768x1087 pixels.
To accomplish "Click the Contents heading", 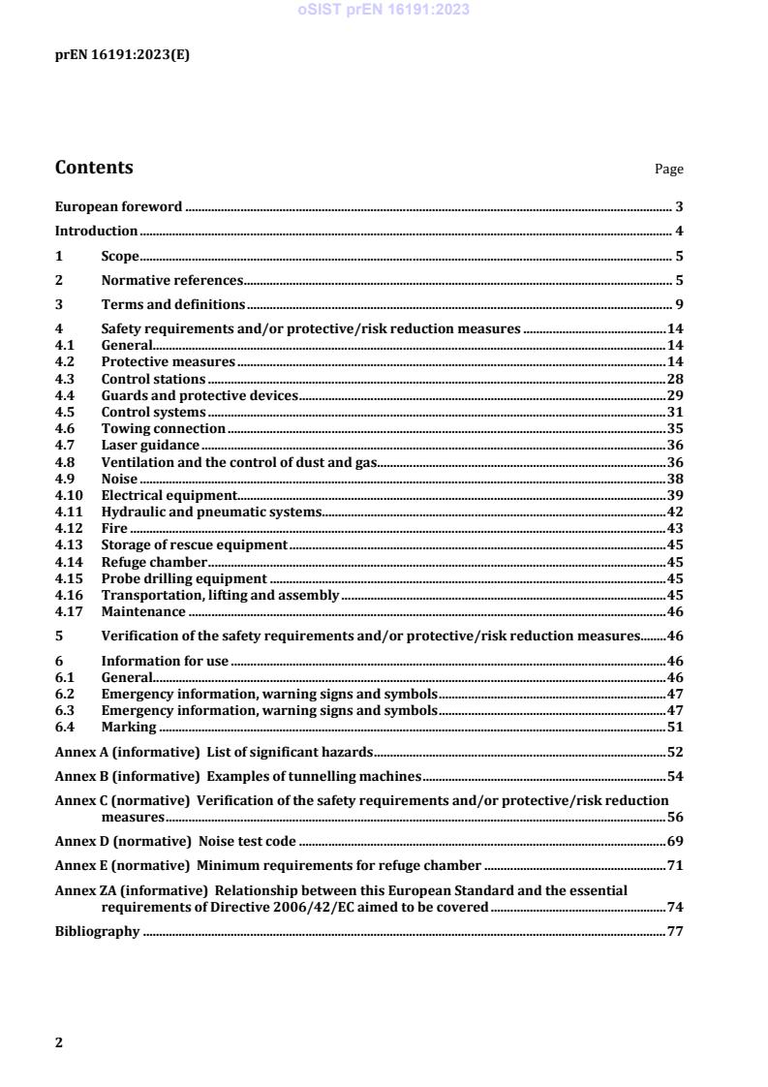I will (94, 168).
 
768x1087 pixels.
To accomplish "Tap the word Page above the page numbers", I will (668, 170).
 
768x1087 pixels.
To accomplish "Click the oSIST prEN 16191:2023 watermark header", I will (384, 10).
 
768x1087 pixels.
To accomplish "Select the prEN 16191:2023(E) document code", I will (122, 54).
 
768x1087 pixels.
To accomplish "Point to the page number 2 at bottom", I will (59, 1042).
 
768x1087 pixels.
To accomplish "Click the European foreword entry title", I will (118, 206).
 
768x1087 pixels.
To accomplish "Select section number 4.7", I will (65, 445).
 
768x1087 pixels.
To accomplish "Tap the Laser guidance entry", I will (150, 445).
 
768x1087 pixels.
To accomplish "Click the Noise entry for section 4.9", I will (120, 479).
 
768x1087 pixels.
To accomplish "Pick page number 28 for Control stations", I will (675, 379).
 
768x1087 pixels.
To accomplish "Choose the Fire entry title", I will (114, 528).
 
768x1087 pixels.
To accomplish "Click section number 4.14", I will (68, 562).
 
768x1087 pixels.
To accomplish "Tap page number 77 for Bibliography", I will (675, 932).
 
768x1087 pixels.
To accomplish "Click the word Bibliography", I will (97, 932).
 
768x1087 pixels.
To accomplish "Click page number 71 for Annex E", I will (675, 865).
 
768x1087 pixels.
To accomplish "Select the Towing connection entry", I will (163, 428).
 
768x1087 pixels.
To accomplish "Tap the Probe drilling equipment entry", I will (184, 578).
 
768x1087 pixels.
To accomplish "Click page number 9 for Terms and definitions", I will (679, 305).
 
